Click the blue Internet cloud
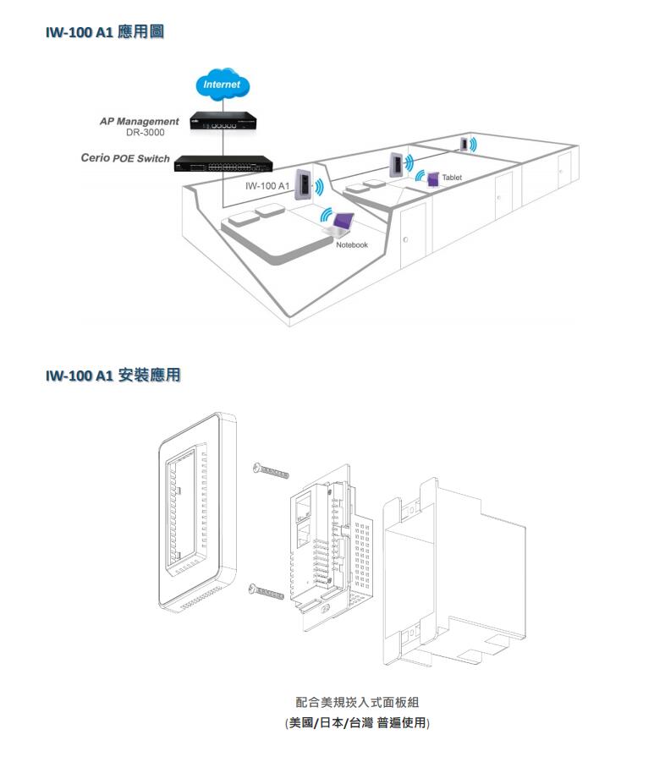click(x=223, y=85)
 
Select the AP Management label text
click(x=140, y=122)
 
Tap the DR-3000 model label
click(x=146, y=133)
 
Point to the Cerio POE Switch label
click(x=125, y=158)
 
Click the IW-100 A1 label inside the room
click(x=267, y=186)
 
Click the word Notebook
click(x=352, y=245)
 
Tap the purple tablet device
click(x=433, y=178)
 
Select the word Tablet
click(x=452, y=177)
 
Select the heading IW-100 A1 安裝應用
click(x=113, y=375)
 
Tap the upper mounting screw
click(x=272, y=470)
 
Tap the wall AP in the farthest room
click(x=464, y=143)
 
